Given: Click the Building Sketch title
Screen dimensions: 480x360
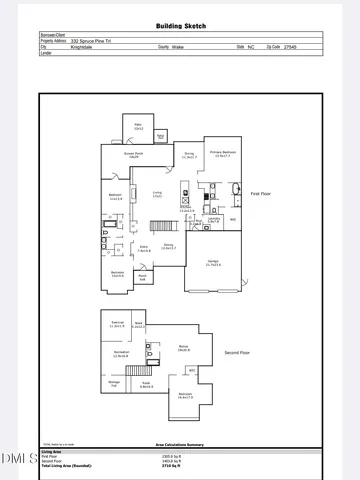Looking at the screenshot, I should coord(179,26).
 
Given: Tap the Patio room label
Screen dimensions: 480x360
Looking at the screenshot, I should coord(139,127).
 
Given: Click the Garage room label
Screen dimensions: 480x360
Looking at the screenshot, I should coord(214,262).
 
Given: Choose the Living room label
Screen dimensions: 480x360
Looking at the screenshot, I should coord(157,194).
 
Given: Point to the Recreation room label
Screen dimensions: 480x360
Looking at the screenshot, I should coord(122,354).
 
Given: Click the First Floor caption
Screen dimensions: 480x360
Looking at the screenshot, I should coord(261,193).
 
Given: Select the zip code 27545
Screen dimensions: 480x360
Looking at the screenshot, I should coord(291,46).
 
